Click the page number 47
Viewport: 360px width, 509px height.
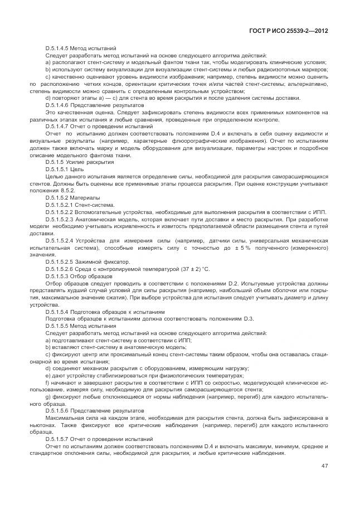point(324,466)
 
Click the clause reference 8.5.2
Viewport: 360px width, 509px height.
point(64,190)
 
